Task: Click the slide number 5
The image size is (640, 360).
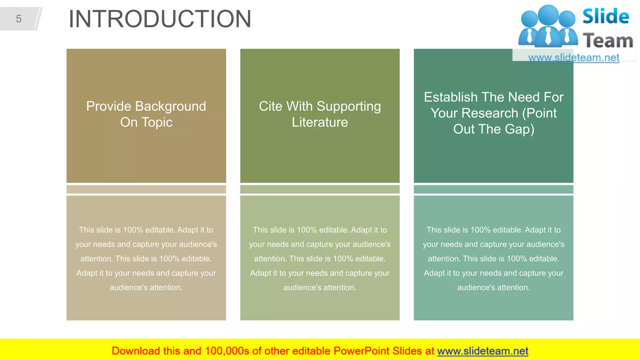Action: [x=19, y=19]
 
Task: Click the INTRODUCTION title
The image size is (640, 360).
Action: [x=160, y=19]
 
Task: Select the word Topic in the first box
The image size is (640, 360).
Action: [x=157, y=122]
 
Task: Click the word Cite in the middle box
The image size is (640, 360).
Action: [x=270, y=107]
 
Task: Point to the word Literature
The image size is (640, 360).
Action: [x=320, y=122]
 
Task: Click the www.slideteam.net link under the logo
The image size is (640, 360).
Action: [x=573, y=58]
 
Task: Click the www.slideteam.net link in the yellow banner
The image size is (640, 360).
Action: [x=482, y=351]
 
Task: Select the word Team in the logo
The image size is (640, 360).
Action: [x=608, y=41]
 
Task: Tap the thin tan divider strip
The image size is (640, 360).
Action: [x=146, y=189]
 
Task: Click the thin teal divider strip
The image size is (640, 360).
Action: [x=493, y=189]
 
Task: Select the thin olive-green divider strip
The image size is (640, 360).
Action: [x=320, y=189]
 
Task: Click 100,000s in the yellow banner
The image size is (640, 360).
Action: [x=227, y=351]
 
